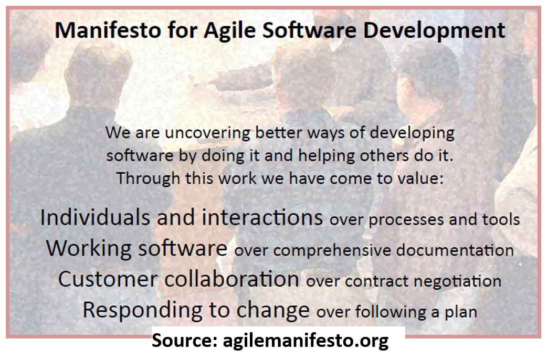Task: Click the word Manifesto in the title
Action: coord(108,30)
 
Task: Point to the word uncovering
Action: coord(207,133)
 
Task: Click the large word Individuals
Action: coord(95,217)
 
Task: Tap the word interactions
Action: coord(262,217)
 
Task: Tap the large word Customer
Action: coord(108,280)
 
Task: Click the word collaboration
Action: coord(232,279)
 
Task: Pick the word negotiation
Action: coord(457,282)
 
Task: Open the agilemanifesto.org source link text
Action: coord(306,341)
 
